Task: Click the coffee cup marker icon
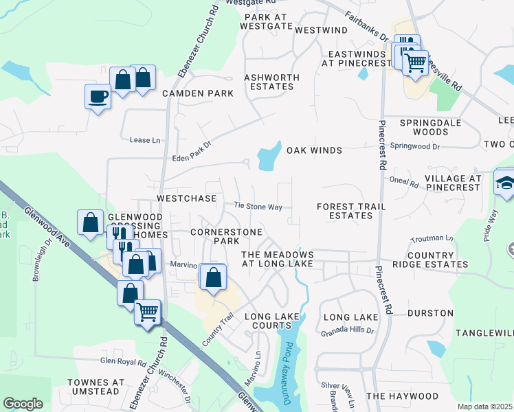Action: [x=98, y=95]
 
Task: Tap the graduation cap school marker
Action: [x=505, y=183]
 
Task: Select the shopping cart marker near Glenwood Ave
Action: [x=147, y=312]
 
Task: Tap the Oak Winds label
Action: [x=314, y=150]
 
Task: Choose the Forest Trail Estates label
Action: [x=351, y=211]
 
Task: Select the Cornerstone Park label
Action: [x=215, y=236]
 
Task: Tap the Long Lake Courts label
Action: [x=271, y=321]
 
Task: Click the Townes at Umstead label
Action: [x=96, y=387]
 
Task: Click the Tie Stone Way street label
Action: [x=258, y=205]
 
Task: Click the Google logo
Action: [x=23, y=404]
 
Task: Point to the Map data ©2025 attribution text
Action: [x=484, y=407]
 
